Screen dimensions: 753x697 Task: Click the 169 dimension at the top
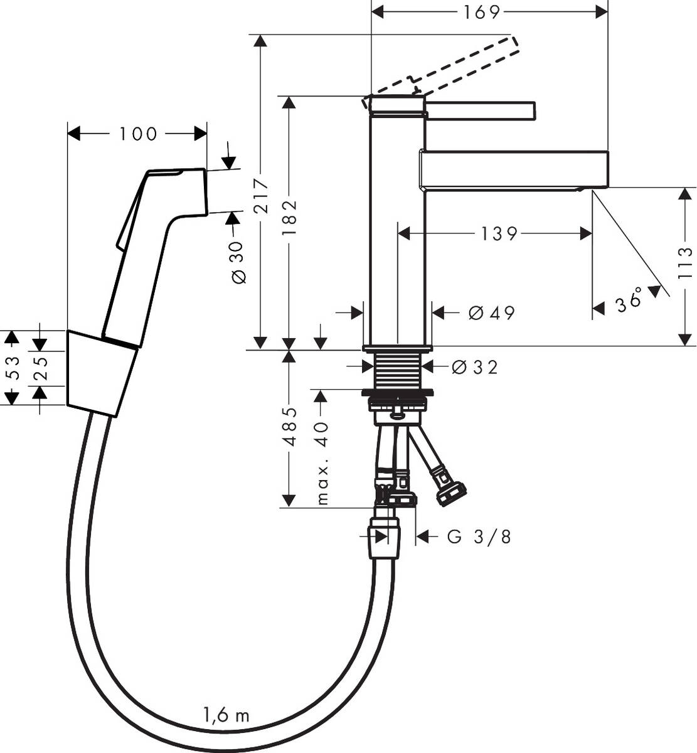(482, 11)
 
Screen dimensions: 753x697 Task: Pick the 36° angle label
(629, 302)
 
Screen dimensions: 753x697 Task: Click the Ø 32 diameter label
(475, 367)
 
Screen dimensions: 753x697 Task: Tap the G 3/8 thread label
(479, 537)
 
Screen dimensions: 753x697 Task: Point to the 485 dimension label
(289, 427)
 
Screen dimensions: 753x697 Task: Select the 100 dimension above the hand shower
(138, 134)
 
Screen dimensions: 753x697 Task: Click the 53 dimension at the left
(11, 368)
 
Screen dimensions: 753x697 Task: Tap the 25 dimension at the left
(40, 369)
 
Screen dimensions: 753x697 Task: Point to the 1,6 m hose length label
(226, 715)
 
